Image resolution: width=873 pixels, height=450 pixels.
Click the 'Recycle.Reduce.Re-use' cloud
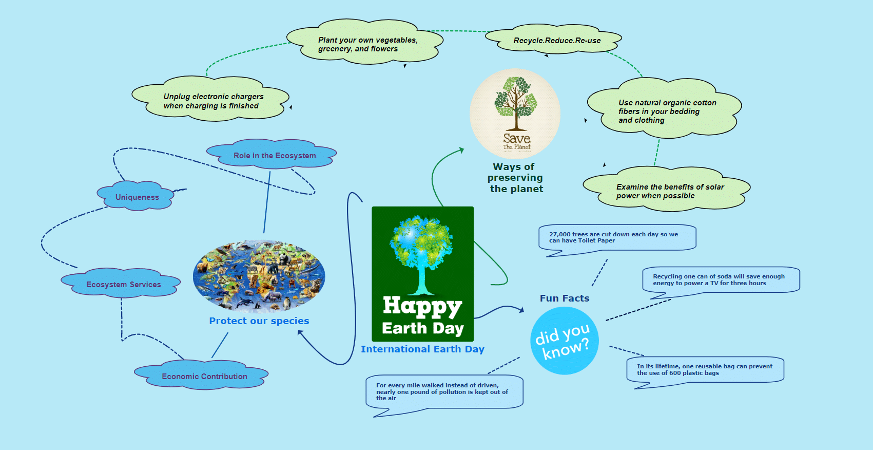tap(553, 39)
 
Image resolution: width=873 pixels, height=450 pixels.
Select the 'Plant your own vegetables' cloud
tap(365, 42)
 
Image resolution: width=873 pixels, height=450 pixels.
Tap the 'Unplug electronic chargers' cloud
tap(210, 99)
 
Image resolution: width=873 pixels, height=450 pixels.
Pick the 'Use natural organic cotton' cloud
tap(665, 108)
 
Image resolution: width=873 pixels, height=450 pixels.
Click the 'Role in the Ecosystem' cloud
tap(271, 154)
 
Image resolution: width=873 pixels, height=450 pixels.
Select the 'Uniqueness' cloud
tap(135, 196)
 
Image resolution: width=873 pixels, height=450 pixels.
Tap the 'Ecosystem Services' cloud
tap(121, 283)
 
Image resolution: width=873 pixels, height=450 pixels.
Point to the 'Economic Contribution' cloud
tap(202, 374)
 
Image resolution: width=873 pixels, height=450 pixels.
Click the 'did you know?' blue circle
tap(565, 341)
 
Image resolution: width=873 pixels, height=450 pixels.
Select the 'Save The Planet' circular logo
tap(515, 114)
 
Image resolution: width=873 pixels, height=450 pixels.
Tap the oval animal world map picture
tap(259, 276)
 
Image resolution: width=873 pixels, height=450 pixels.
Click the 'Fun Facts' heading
tap(565, 298)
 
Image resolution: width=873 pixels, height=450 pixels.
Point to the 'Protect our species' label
tap(259, 321)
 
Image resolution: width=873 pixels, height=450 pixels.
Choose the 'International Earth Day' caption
tap(422, 349)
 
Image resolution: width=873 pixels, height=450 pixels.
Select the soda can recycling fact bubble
tap(721, 280)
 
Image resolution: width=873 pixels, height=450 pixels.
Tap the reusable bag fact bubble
tap(705, 370)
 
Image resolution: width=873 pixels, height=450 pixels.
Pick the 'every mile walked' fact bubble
tap(444, 392)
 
